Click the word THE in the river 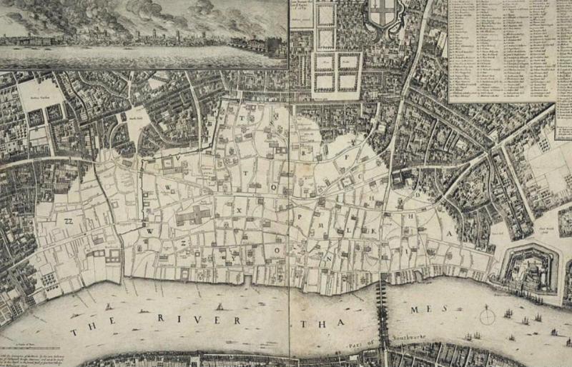pos(89,330)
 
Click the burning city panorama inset pos(143,32)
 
